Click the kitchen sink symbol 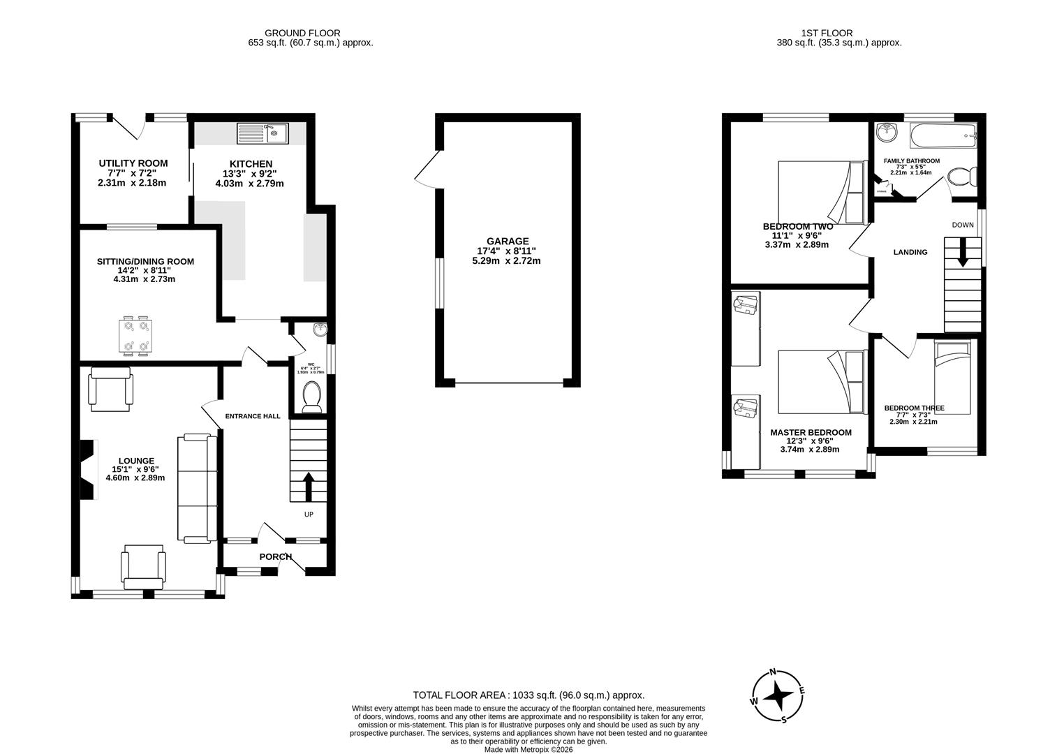(263, 133)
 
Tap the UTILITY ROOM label (133, 163)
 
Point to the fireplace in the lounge (87, 470)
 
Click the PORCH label (275, 556)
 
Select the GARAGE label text (508, 241)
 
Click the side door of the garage (424, 170)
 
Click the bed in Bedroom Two (821, 191)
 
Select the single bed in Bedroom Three (952, 377)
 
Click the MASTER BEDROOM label (811, 432)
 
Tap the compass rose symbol (777, 695)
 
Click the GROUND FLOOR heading (302, 33)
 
